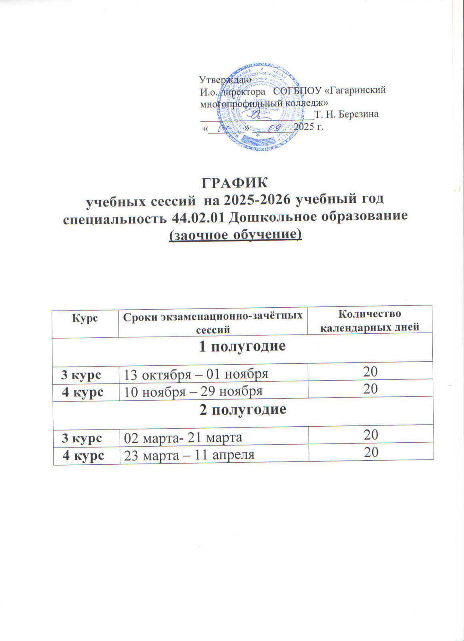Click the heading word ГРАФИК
(x=235, y=183)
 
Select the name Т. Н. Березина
(x=346, y=114)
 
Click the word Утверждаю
(x=225, y=79)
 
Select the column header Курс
(x=85, y=318)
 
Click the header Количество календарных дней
(x=370, y=320)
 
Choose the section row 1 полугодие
(x=242, y=346)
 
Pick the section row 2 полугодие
(x=243, y=409)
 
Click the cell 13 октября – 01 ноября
(x=195, y=375)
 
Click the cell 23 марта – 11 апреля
(x=189, y=455)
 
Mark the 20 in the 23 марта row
(x=371, y=453)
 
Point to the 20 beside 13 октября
(x=370, y=372)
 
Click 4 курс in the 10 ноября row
(x=82, y=391)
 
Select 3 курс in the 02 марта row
(x=82, y=438)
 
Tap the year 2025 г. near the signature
(x=308, y=127)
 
